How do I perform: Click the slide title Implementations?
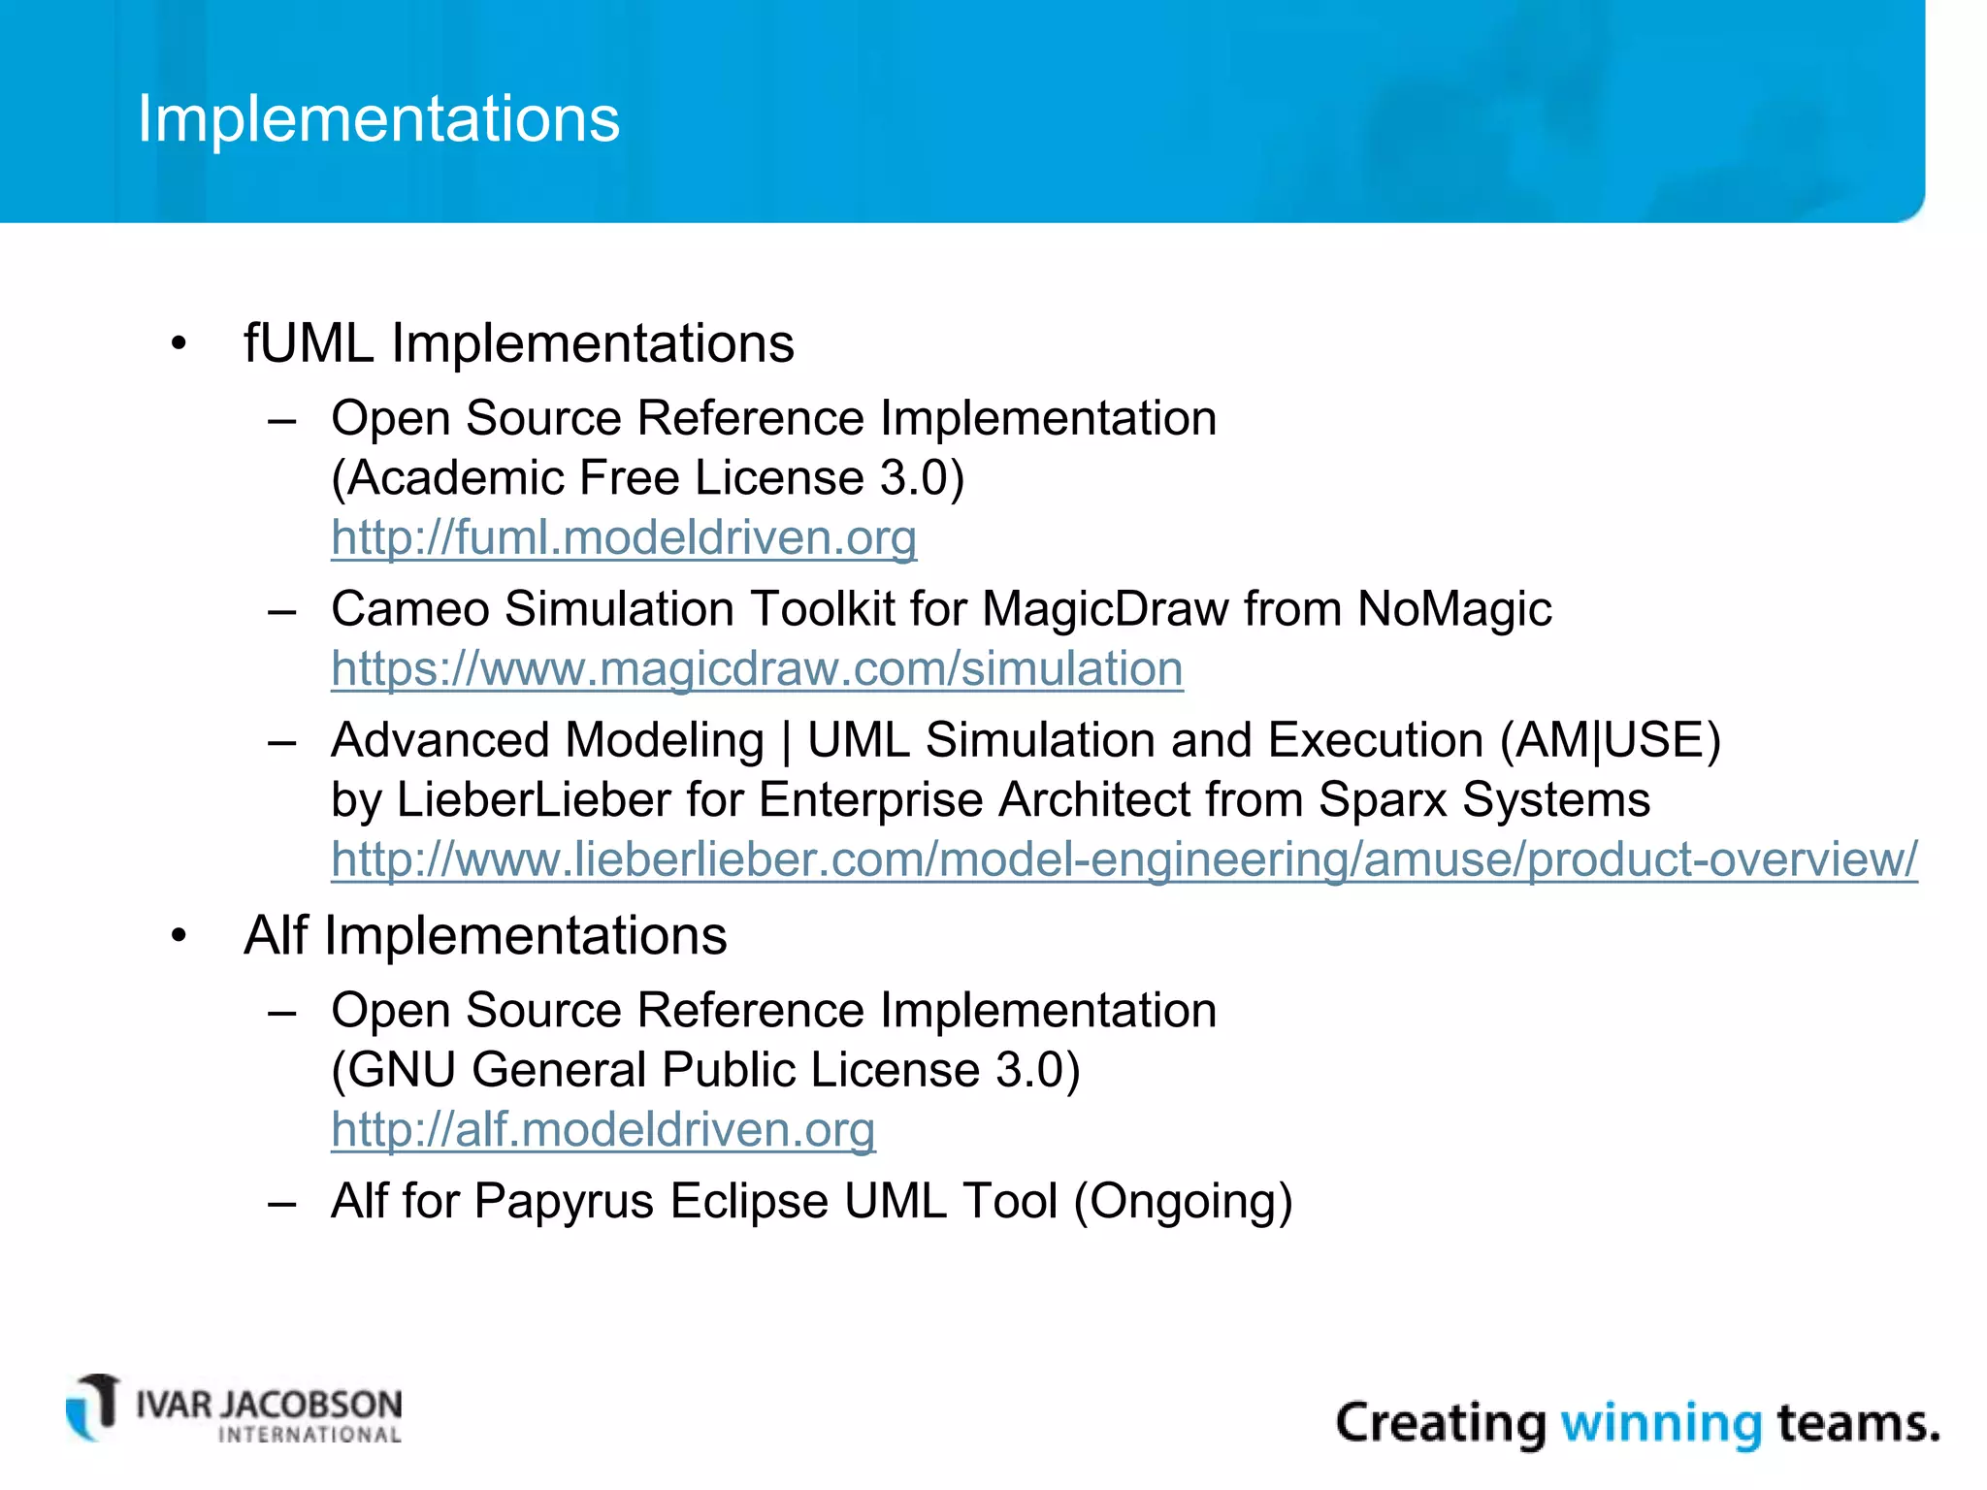pos(378,119)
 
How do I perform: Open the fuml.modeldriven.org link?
pos(623,537)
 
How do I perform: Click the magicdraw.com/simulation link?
pos(757,668)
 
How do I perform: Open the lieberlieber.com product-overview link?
pos(1124,859)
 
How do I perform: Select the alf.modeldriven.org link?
pos(603,1129)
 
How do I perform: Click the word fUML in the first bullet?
pos(309,343)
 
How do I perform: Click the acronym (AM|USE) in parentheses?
pos(1610,740)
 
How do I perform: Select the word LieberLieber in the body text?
pos(534,800)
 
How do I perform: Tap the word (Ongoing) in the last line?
pos(1183,1202)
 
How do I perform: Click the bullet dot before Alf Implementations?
pos(178,937)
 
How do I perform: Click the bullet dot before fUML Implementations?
pos(178,344)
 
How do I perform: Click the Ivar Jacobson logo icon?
pos(93,1408)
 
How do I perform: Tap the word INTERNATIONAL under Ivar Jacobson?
pos(309,1435)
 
